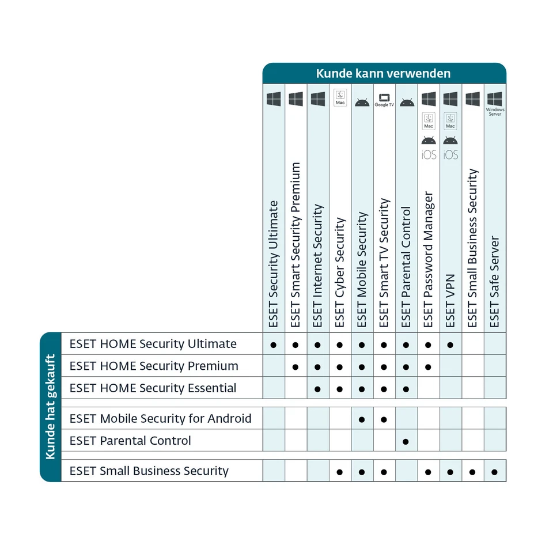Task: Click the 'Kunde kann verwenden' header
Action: coord(384,74)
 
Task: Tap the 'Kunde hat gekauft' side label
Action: coord(50,407)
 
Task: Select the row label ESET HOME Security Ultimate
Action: coord(153,344)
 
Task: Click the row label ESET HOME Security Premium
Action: coord(153,366)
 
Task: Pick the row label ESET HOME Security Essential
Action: coord(153,388)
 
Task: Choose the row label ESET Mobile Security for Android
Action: coord(160,418)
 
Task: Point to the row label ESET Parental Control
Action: coord(130,441)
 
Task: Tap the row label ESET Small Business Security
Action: coord(149,471)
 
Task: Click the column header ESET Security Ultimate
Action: coord(274,264)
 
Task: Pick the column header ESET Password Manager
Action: coord(428,259)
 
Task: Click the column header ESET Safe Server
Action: coord(495,282)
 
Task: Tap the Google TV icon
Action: coord(384,100)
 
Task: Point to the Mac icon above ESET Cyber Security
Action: coord(340,97)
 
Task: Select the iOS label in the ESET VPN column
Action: coord(450,155)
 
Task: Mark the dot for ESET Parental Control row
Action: coord(406,441)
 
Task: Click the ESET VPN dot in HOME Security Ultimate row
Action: coord(450,345)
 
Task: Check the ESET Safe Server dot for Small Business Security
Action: coord(495,472)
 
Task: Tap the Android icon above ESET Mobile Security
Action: coord(362,103)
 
